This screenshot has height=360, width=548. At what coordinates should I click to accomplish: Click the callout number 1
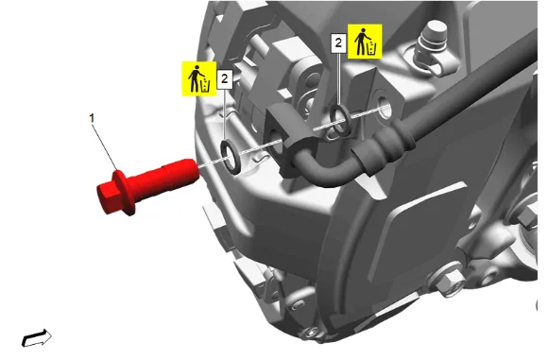pyautogui.click(x=92, y=118)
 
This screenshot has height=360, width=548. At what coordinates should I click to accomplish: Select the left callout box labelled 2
pyautogui.click(x=225, y=78)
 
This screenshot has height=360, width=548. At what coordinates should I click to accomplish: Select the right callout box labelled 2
pyautogui.click(x=338, y=43)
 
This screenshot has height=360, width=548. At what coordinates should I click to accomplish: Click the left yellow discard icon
pyautogui.click(x=198, y=78)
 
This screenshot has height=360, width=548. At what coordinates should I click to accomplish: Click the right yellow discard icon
pyautogui.click(x=365, y=42)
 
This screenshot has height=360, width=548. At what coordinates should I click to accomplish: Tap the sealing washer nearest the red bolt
pyautogui.click(x=230, y=156)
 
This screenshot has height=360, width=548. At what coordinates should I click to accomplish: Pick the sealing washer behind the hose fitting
pyautogui.click(x=338, y=120)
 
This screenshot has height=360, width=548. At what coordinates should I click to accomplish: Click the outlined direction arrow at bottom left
pyautogui.click(x=37, y=338)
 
